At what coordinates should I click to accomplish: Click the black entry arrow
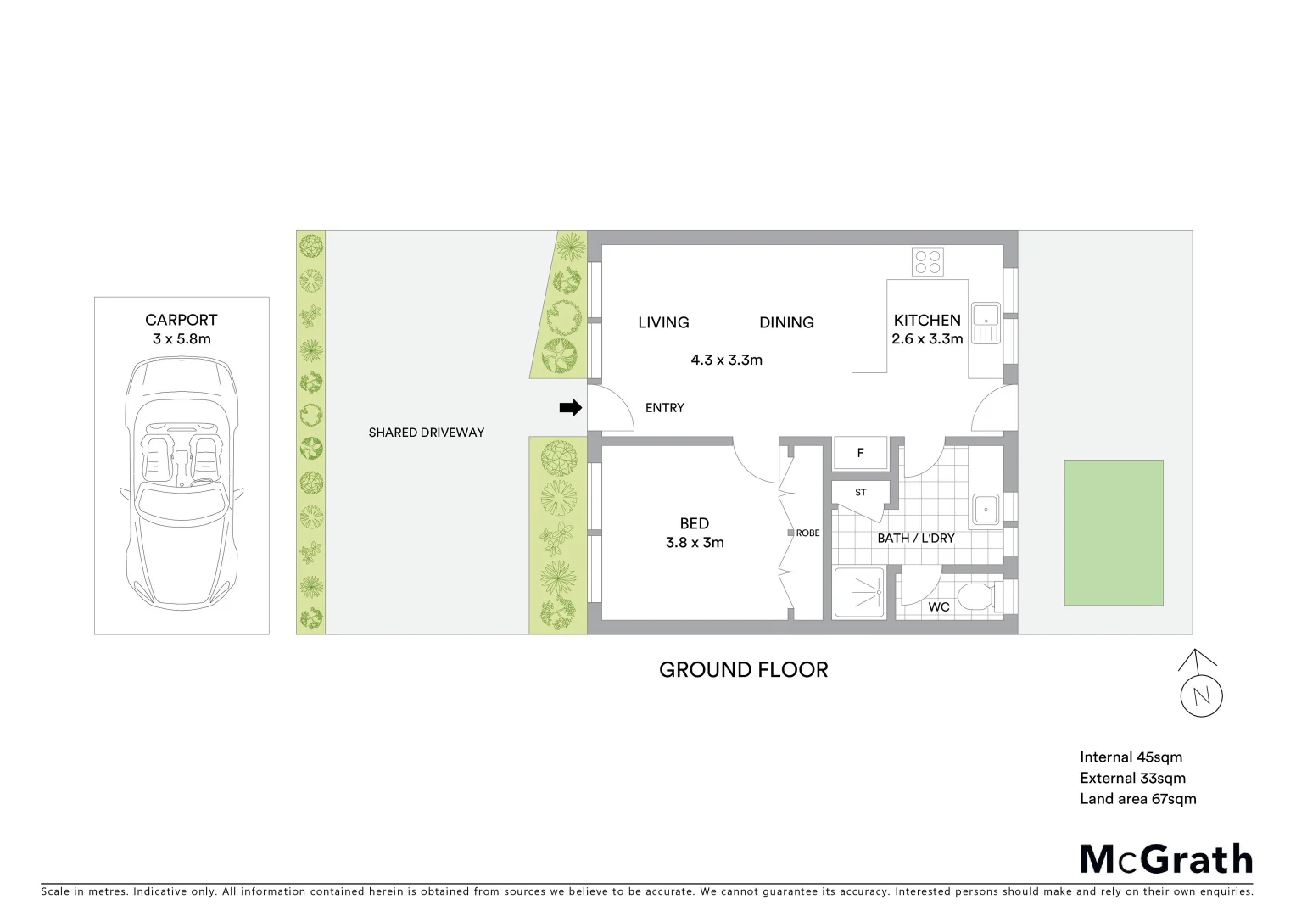point(570,408)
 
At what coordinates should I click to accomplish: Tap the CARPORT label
point(181,320)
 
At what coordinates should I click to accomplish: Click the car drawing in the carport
point(181,483)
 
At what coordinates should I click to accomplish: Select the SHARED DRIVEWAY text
point(426,433)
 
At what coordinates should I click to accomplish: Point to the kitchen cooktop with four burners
point(927,262)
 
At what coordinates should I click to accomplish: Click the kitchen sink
point(985,323)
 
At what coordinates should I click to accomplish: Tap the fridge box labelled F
point(860,453)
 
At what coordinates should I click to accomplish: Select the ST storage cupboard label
point(861,493)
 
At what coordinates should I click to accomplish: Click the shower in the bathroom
point(858,592)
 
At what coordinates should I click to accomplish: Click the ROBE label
point(807,533)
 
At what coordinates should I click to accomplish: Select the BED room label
point(694,524)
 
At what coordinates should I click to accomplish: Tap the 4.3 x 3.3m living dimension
point(726,360)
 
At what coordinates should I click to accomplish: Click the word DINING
point(786,322)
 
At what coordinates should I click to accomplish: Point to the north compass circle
point(1201,696)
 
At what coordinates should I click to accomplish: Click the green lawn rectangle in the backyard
point(1113,533)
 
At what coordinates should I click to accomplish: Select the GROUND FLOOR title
point(743,670)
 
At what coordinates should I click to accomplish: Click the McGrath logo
point(1166,859)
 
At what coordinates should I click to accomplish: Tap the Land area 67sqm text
point(1137,799)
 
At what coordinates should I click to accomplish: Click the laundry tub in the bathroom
point(985,510)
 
